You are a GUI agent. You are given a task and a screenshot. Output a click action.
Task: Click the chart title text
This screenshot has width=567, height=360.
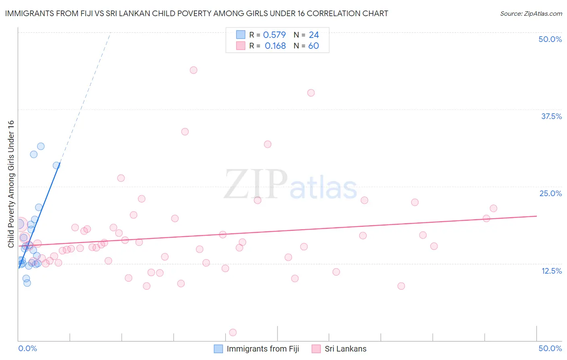coord(197,13)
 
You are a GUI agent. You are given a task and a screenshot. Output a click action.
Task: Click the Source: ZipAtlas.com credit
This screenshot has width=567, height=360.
coord(531,13)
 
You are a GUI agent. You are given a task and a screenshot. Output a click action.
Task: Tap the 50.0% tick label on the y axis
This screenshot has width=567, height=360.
coord(550,39)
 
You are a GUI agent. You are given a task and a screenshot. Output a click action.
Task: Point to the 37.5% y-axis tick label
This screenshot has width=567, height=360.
coord(551,116)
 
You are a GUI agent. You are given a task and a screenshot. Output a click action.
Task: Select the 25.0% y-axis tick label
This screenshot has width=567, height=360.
coord(550,193)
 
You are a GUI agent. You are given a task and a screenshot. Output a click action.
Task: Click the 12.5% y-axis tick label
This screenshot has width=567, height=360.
coord(551,271)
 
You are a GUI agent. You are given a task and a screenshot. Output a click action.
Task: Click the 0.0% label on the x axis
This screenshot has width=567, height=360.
coord(27,348)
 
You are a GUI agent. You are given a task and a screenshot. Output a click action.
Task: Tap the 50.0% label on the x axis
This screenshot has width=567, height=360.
coord(550,348)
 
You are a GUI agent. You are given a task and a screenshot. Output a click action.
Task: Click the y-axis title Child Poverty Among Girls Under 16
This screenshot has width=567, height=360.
coord(11,184)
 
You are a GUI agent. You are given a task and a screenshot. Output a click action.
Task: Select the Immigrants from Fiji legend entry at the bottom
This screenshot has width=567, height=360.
coord(263,349)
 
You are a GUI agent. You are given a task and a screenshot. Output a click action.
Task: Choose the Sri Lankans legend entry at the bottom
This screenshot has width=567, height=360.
coord(345,349)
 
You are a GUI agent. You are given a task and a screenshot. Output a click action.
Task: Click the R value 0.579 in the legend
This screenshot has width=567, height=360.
coord(274,35)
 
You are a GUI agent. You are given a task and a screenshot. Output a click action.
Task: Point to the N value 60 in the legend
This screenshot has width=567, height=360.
coord(313,46)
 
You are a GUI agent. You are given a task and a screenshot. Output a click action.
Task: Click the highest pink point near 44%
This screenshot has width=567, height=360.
coord(194,70)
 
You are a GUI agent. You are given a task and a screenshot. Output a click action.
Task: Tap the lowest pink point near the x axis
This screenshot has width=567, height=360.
coord(233,333)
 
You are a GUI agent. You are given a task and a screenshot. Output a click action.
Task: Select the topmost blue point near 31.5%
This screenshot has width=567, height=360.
coord(41,147)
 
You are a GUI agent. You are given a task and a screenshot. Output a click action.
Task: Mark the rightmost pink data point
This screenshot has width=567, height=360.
coord(493,209)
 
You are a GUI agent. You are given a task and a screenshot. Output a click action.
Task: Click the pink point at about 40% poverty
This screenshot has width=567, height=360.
coord(311,93)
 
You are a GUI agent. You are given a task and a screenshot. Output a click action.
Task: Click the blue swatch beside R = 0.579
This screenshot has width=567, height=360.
coord(241,35)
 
